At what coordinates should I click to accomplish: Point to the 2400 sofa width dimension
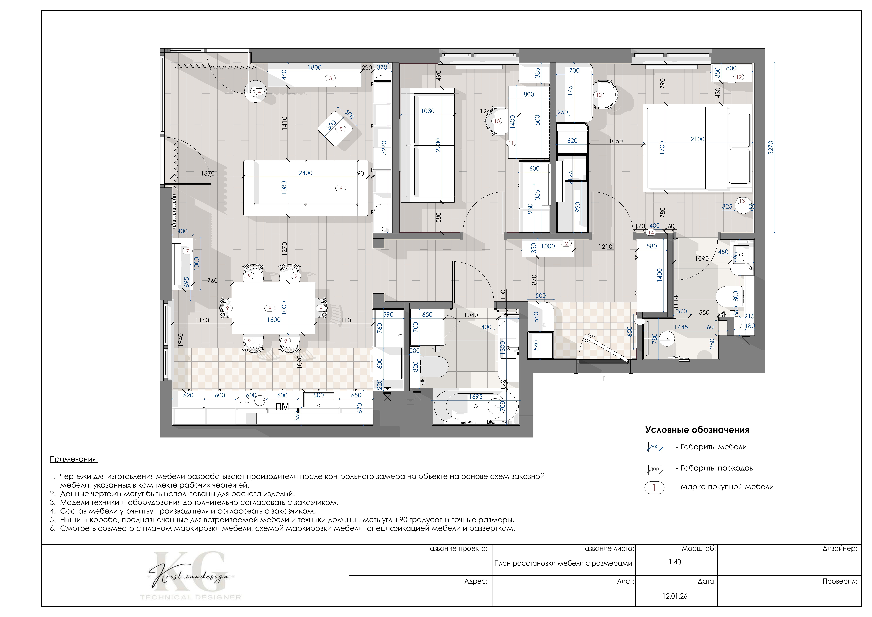tap(305, 173)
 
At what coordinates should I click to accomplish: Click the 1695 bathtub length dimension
tap(475, 397)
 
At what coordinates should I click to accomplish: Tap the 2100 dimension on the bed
tap(697, 139)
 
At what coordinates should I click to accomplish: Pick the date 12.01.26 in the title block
tap(675, 596)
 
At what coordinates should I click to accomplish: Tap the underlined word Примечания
tap(74, 459)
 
